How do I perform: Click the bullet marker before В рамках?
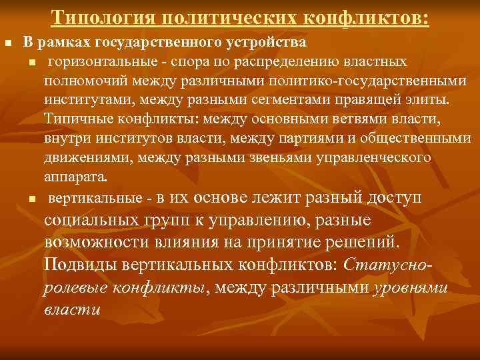point(9,43)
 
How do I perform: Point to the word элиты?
point(431,100)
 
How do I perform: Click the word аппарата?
point(74,177)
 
